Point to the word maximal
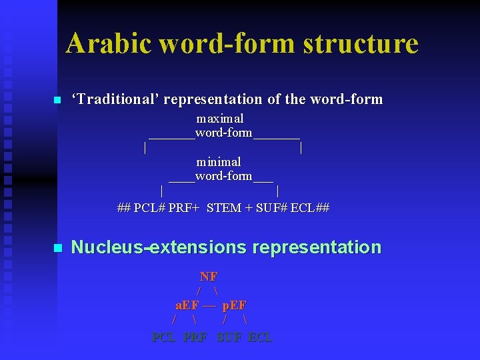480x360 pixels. [x=220, y=119]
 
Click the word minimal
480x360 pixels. [x=219, y=162]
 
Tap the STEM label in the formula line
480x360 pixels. [x=224, y=207]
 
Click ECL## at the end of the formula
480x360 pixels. [x=310, y=207]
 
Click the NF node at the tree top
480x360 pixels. [x=209, y=277]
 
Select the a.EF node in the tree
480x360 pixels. [x=187, y=305]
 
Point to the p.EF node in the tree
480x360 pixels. [x=234, y=305]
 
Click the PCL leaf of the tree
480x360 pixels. [x=164, y=337]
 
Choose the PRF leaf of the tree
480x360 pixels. [x=195, y=337]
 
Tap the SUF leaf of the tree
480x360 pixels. [x=229, y=337]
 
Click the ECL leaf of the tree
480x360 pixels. [x=261, y=337]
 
